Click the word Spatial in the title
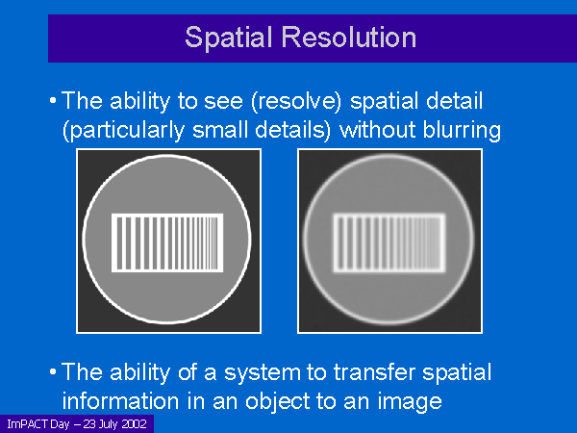coord(228,38)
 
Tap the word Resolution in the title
coord(349,37)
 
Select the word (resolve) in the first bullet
coord(296,101)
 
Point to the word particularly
coord(124,131)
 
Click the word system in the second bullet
coord(262,373)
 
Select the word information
coord(120,400)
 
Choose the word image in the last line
coord(410,401)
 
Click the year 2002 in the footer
coord(134,423)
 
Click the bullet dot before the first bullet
coord(53,100)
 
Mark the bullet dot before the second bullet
coord(53,371)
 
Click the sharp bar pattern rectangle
coord(167,243)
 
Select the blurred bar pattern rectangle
coord(389,243)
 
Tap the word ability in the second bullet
coord(139,373)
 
